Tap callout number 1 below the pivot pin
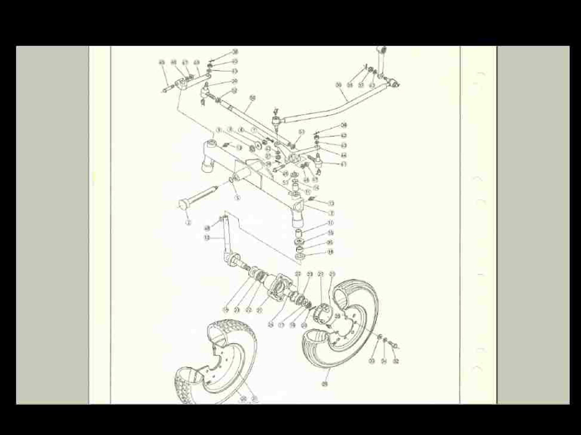click(188, 222)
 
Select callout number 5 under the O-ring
click(237, 198)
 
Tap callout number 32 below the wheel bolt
click(396, 361)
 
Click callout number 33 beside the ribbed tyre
click(372, 361)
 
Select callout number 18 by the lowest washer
click(330, 252)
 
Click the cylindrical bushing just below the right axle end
click(299, 233)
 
